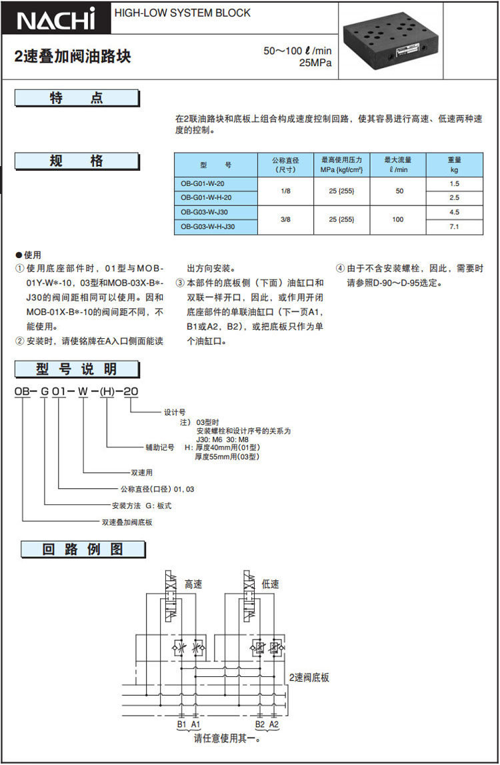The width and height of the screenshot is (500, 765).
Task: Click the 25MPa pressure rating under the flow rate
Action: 315,63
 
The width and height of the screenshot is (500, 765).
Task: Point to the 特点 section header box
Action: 77,99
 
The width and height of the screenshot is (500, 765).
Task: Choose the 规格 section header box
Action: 77,161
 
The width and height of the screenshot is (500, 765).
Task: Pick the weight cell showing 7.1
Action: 454,227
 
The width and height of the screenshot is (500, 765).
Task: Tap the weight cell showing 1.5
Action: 454,183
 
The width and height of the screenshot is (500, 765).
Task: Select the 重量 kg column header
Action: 454,164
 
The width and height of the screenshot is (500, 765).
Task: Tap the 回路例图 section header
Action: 83,550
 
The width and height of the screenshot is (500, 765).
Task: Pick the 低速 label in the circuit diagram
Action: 271,584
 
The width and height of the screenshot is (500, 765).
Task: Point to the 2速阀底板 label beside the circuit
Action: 309,678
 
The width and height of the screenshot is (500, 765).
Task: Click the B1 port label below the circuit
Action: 181,724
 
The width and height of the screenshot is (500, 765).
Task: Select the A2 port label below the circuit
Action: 273,724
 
